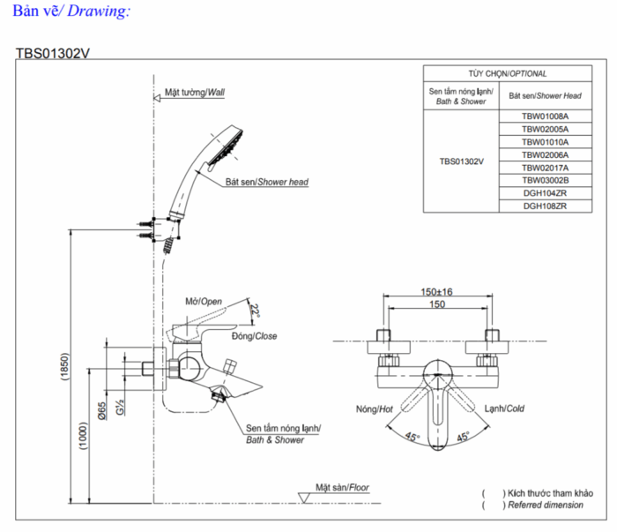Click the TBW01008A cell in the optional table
[x=545, y=116]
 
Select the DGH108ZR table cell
[x=545, y=206]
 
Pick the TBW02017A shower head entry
[x=545, y=168]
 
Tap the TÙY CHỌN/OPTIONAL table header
[x=507, y=73]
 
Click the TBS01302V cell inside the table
[x=461, y=161]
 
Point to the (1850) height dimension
[x=64, y=366]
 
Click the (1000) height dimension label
[x=83, y=436]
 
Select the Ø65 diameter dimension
[x=102, y=411]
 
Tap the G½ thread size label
[x=120, y=408]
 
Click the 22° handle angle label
[x=255, y=311]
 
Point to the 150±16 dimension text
[x=436, y=292]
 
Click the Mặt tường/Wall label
[x=195, y=92]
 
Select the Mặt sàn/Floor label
[x=342, y=488]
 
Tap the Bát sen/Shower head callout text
[x=267, y=182]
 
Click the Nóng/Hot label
[x=375, y=409]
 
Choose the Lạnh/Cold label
[x=504, y=408]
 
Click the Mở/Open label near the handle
[x=204, y=302]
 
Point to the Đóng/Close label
[x=254, y=336]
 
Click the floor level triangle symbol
[x=304, y=498]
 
